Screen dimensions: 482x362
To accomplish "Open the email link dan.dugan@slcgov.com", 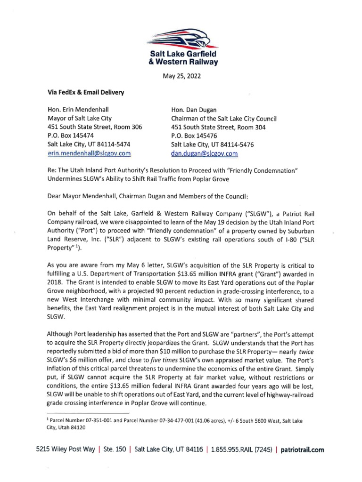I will (x=204, y=153).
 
